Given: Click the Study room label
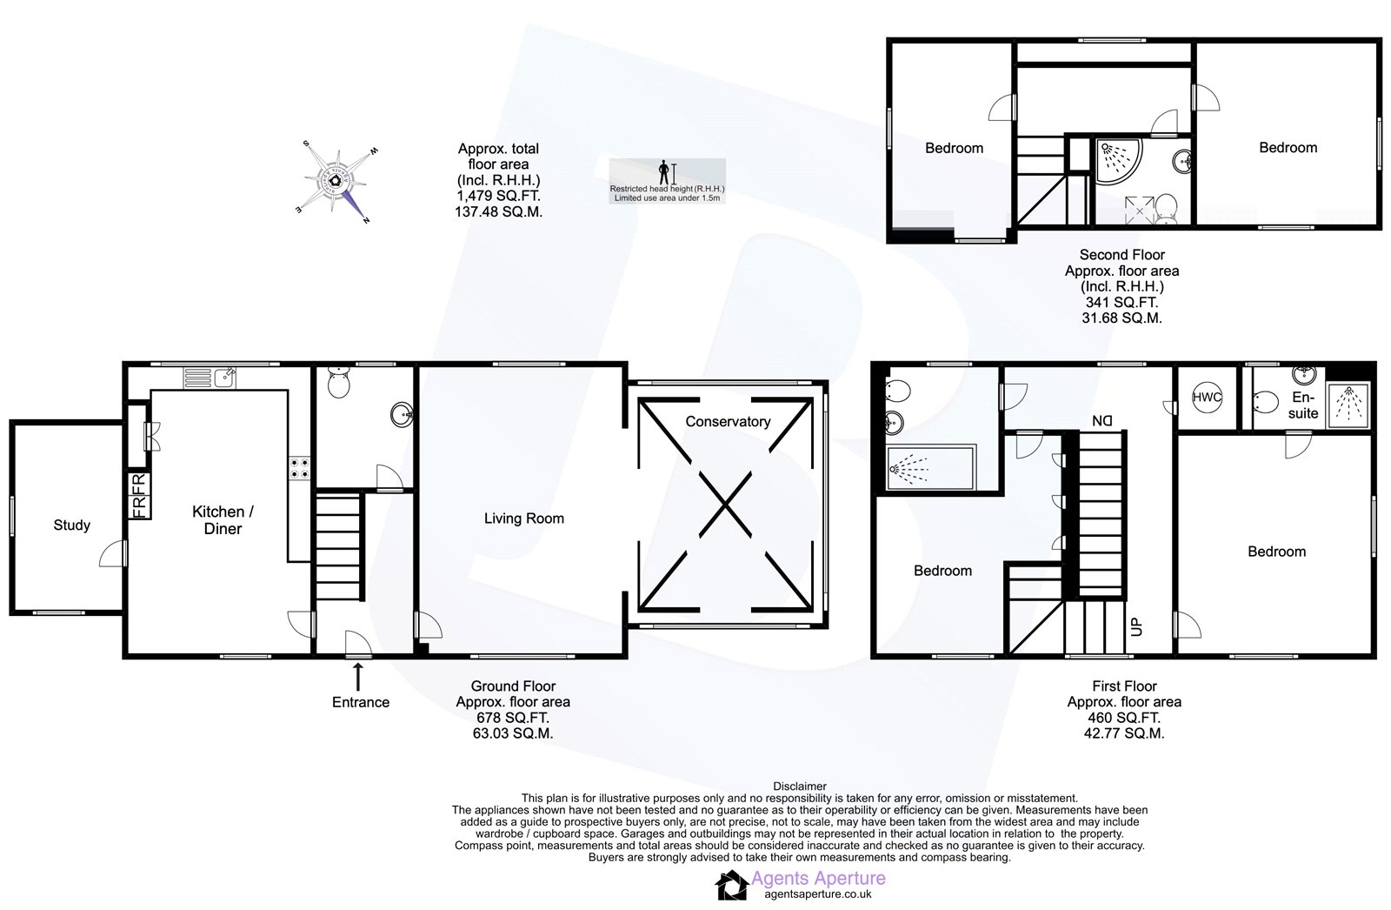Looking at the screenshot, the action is (x=72, y=525).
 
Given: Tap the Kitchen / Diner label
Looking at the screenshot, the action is (x=223, y=520).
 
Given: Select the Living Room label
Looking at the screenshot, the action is (x=524, y=519).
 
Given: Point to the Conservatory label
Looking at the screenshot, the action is (x=728, y=421).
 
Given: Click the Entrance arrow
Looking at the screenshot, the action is (x=358, y=677).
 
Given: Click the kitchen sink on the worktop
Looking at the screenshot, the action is (x=210, y=378).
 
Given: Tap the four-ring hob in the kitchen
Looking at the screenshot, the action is (x=300, y=469).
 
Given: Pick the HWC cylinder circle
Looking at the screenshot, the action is (x=1208, y=398).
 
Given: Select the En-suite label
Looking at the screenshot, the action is (x=1303, y=405).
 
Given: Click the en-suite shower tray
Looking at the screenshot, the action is (x=1348, y=405).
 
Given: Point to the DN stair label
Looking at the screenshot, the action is (x=1102, y=421).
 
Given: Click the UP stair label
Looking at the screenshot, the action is (x=1136, y=626).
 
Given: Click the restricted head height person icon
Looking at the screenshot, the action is (x=664, y=172).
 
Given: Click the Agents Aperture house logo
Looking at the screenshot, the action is (x=731, y=885).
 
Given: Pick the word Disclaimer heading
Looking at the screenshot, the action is (x=800, y=786).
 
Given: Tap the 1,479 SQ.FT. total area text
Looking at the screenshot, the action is (x=499, y=196).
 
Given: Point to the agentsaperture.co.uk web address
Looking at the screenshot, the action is (x=818, y=894).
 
